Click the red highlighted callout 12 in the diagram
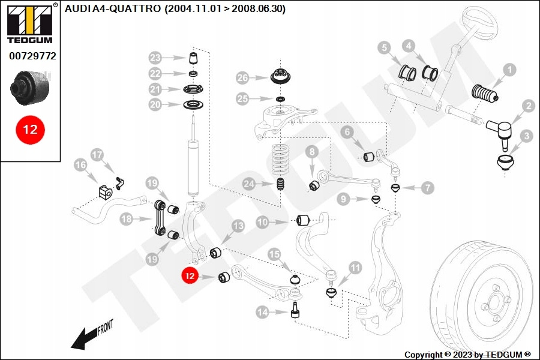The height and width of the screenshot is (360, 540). pos(190,277)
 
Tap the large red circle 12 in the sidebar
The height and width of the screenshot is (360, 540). pos(30,129)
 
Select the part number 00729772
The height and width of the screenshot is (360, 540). pos(32,56)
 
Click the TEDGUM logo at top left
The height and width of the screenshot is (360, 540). pos(29,23)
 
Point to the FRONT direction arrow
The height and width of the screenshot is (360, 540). pos(90,335)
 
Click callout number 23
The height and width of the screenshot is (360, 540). pos(156,58)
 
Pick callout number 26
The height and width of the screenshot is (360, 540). pos(242,78)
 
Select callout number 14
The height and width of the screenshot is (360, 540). pos(262,311)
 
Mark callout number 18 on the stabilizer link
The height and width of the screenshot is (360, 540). pos(126,220)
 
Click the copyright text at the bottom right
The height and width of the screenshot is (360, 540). pos(467,355)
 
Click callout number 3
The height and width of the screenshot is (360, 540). pos(526,136)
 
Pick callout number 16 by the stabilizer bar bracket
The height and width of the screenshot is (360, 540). pos(80,164)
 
